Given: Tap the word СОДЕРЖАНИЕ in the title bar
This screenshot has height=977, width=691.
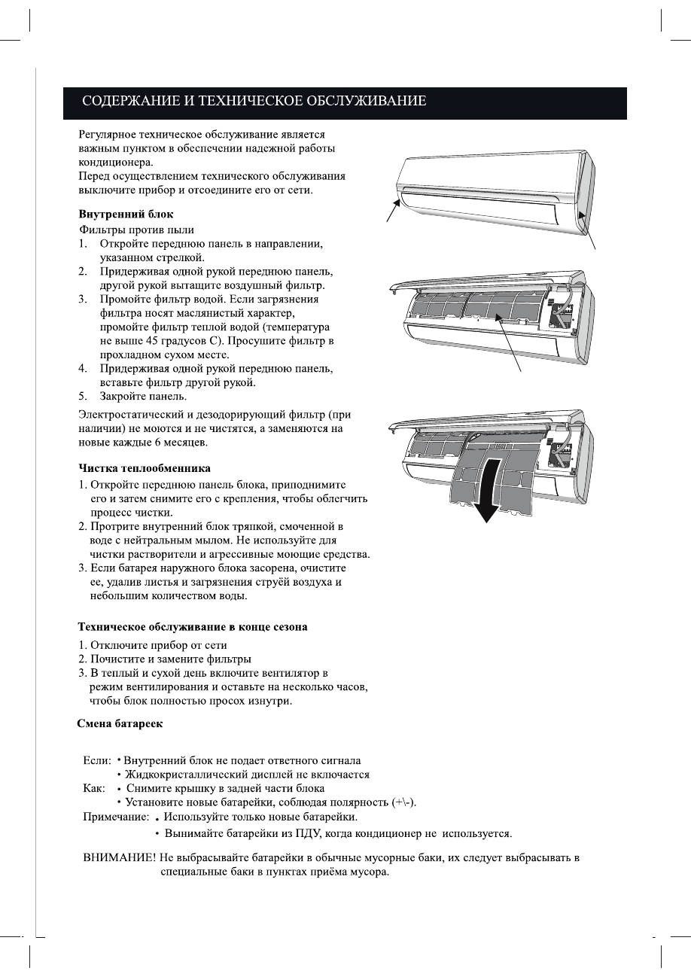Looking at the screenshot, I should (x=125, y=100).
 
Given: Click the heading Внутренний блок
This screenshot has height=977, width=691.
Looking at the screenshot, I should (x=126, y=214).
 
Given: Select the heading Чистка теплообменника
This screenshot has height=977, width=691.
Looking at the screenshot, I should (x=145, y=468).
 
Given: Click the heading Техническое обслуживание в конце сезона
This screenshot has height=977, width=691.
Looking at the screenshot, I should (x=193, y=626).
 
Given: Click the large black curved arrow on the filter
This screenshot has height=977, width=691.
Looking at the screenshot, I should (x=488, y=490).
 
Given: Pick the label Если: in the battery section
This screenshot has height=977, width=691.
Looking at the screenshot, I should (x=96, y=761).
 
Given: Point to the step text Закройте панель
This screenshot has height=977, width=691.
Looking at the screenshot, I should (x=144, y=396).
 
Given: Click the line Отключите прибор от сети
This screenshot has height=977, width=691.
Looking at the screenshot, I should (x=159, y=645).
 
